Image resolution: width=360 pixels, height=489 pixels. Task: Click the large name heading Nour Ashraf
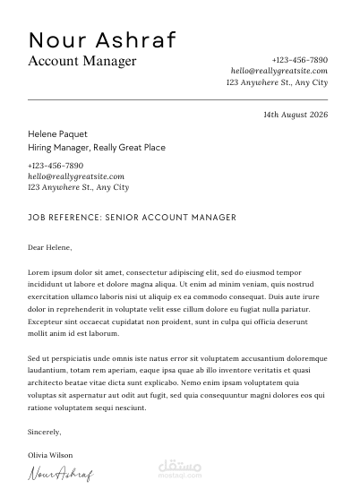tap(102, 39)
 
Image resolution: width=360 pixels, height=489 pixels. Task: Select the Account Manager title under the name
tap(82, 61)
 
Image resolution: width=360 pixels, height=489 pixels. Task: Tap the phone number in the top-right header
tap(299, 59)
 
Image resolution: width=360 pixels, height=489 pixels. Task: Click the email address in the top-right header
tap(279, 70)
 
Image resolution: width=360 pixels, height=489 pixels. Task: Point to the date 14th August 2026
tap(296, 115)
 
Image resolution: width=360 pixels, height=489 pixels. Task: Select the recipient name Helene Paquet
tap(58, 133)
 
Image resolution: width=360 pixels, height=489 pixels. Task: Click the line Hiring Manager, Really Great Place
tap(97, 147)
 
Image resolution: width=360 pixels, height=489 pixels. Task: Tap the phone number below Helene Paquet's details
tap(56, 166)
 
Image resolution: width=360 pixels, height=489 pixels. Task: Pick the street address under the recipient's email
tap(78, 187)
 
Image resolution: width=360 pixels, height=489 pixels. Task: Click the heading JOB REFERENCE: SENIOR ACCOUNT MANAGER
tap(132, 217)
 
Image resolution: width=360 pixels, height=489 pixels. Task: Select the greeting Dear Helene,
tap(49, 246)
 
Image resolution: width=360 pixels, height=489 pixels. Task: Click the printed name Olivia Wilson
tap(50, 455)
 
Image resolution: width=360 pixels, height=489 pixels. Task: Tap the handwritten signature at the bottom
tap(61, 474)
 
